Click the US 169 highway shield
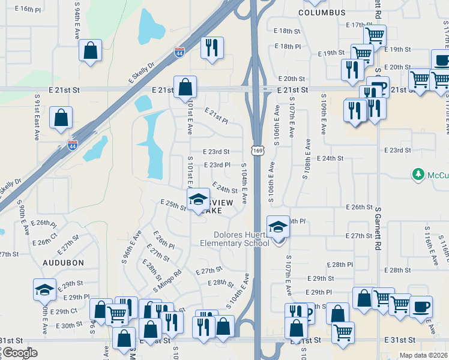coord(257,150)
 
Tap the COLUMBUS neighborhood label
coord(322,13)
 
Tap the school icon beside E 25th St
coord(197,200)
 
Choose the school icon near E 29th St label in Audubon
coord(44,290)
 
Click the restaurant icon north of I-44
coord(212,48)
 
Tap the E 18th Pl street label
coord(287,46)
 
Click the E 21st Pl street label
coord(216,115)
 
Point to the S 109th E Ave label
coord(324,114)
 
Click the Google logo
coord(19,353)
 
